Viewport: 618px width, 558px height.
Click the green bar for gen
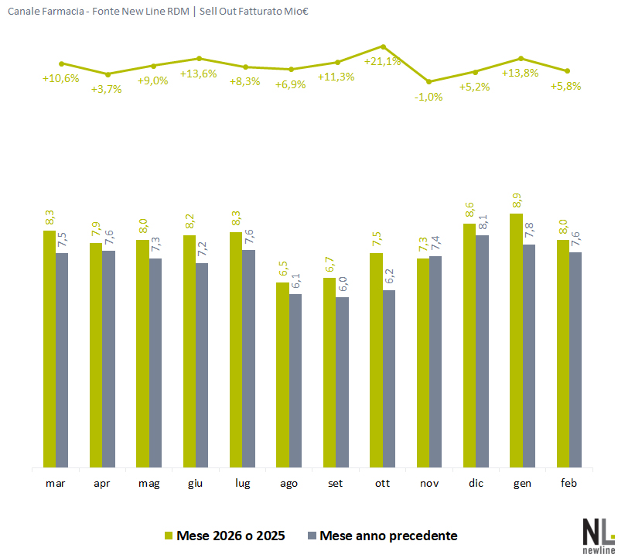(517, 341)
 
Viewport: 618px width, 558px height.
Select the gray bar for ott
(389, 379)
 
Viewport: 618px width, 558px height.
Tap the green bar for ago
(283, 375)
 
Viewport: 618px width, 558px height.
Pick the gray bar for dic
(482, 351)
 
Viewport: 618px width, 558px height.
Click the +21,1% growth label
(382, 61)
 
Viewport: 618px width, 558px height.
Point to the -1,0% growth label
(429, 96)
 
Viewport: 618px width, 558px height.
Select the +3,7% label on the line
(106, 89)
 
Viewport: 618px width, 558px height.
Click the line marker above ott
(383, 46)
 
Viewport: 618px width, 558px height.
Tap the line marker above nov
(429, 81)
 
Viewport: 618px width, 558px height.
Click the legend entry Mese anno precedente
(388, 536)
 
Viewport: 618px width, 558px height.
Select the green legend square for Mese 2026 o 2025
(168, 536)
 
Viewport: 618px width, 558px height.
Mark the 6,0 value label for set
(342, 285)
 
